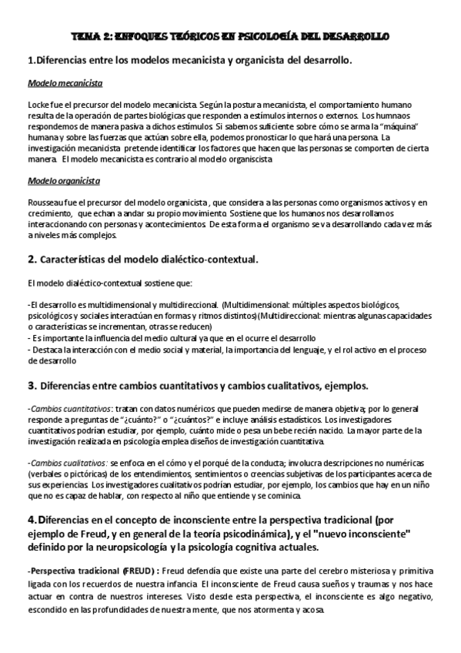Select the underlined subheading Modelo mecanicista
point(65,82)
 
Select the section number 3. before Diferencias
point(32,383)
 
